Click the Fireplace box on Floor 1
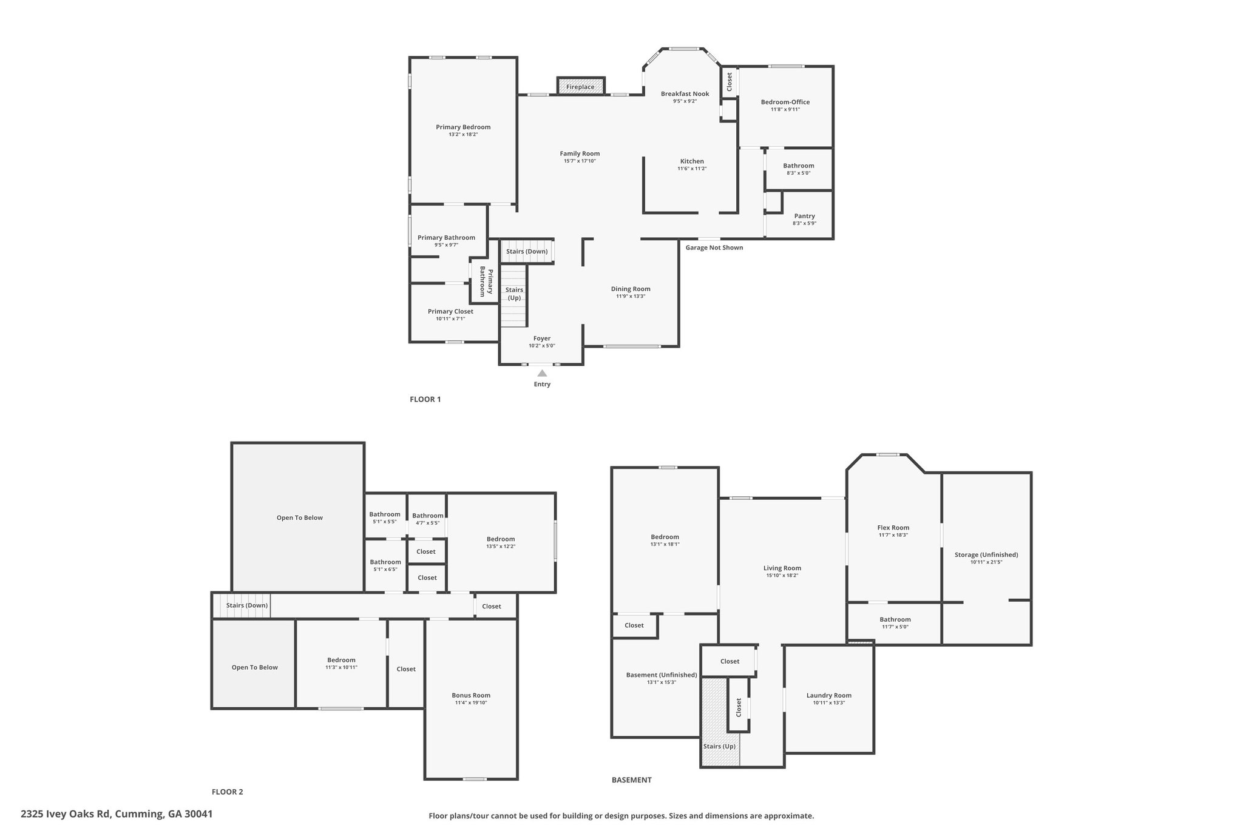[581, 86]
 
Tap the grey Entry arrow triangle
[542, 373]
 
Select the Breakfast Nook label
[685, 94]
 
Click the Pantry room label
[804, 216]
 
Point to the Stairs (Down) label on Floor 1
[527, 251]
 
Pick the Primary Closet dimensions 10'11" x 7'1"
[450, 319]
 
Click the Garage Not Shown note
[714, 247]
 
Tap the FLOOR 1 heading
[425, 399]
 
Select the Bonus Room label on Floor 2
[471, 695]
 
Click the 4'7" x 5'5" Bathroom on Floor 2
[428, 519]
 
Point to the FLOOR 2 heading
[227, 792]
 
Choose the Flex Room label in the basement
[893, 528]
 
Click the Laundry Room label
[829, 695]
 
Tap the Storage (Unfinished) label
[986, 554]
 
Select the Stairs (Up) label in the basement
[719, 746]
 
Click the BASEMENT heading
[631, 780]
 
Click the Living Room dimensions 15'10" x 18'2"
[782, 575]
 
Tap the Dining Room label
[631, 289]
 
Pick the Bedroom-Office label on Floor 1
[785, 102]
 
